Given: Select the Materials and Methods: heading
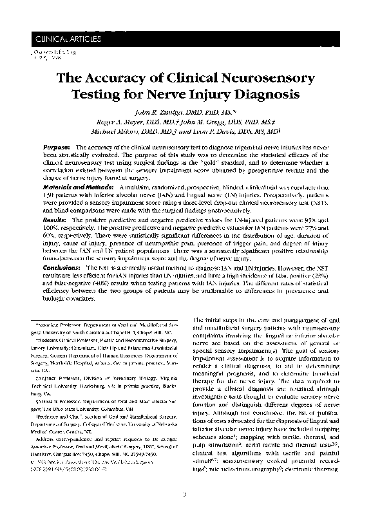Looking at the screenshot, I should point(80,186).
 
